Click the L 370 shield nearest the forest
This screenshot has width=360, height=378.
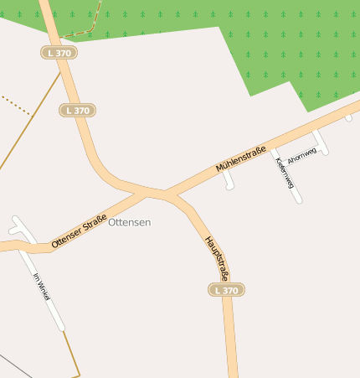tap(59, 52)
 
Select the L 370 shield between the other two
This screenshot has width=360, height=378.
tap(78, 110)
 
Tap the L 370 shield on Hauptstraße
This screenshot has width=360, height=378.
tap(226, 290)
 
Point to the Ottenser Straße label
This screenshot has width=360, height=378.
tap(79, 231)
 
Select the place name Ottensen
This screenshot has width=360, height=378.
tap(130, 222)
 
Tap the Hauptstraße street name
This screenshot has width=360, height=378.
tap(216, 256)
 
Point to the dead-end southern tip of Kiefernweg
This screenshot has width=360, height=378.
tap(299, 200)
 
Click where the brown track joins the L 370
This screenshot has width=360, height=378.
tap(61, 74)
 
